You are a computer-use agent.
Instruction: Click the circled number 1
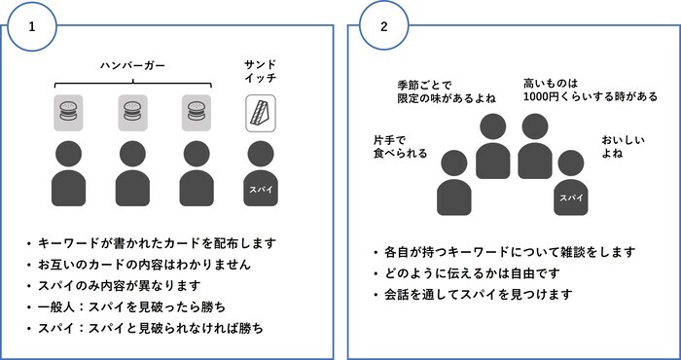[33, 26]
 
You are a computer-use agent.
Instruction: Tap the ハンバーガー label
[133, 65]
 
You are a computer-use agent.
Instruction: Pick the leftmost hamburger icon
[69, 114]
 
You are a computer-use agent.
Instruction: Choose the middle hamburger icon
[133, 114]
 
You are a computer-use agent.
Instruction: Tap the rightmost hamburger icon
[197, 114]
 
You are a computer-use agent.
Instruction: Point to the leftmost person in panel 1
[69, 175]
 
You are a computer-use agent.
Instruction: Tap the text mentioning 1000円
[590, 90]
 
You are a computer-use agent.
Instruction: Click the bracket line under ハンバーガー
[133, 82]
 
